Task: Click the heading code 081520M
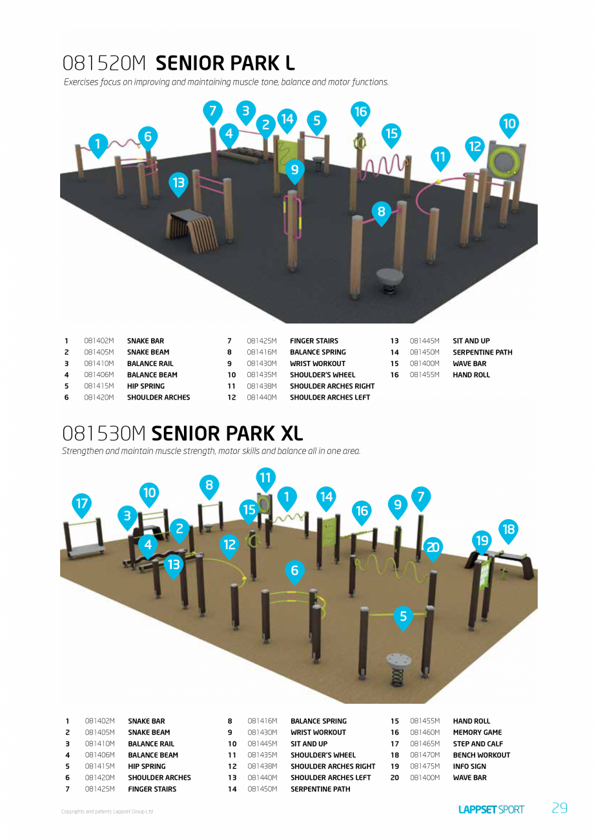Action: click(105, 63)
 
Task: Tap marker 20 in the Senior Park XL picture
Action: click(433, 548)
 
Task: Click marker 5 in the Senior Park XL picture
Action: click(403, 617)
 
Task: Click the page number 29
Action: click(560, 808)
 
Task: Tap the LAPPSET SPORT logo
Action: click(491, 809)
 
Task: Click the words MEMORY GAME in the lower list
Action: click(477, 732)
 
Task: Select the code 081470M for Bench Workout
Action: click(425, 755)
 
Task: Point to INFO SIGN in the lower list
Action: click(469, 766)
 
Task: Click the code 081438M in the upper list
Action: click(262, 386)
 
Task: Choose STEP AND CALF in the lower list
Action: click(478, 744)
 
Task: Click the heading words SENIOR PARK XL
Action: click(227, 433)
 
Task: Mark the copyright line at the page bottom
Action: click(107, 812)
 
